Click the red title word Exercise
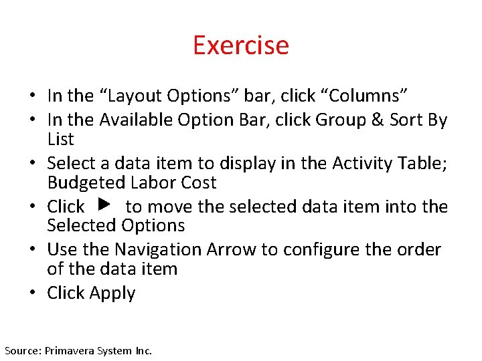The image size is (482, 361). (241, 45)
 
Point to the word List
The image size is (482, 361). (60, 139)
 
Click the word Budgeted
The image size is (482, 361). (86, 183)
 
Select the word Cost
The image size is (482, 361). (199, 183)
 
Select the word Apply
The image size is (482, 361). (112, 293)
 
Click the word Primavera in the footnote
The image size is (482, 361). (69, 350)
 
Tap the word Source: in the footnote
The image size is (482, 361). (22, 350)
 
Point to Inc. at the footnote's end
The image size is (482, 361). (143, 350)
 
